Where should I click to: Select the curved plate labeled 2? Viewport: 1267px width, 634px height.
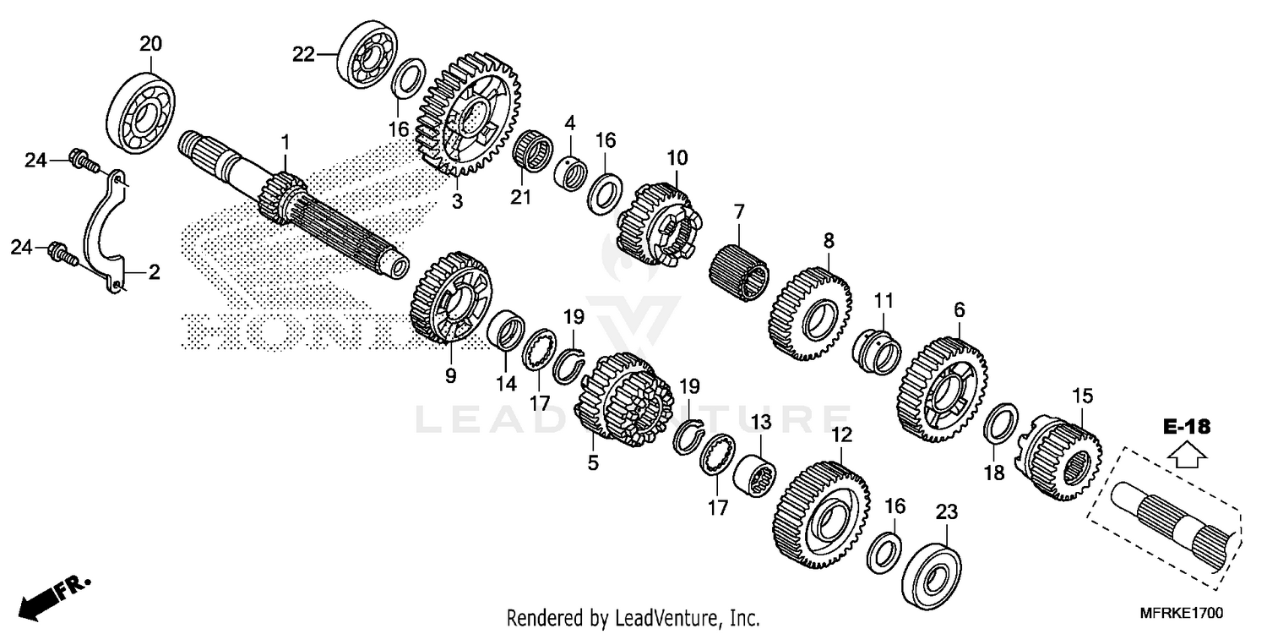(x=105, y=229)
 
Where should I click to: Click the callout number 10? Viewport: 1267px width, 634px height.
(x=677, y=157)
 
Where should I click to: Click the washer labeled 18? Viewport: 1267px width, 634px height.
(x=1001, y=424)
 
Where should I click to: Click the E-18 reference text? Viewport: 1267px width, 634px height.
(x=1186, y=426)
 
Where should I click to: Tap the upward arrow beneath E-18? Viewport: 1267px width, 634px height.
(x=1186, y=456)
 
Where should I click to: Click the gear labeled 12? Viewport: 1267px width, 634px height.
(x=819, y=516)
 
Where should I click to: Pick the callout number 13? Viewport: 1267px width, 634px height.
(x=761, y=423)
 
